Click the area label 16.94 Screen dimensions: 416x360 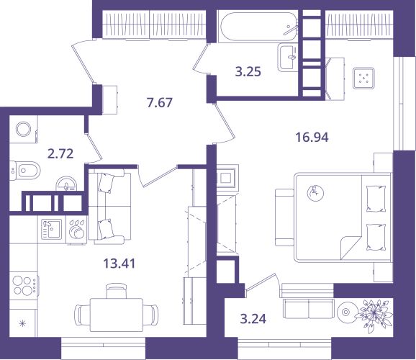[x=312, y=138]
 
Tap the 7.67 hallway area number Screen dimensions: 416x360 [x=160, y=102]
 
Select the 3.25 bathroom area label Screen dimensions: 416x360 [x=248, y=71]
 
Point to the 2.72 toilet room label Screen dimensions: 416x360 [x=60, y=153]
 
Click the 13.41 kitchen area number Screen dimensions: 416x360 [x=119, y=264]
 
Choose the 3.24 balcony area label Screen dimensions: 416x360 [x=253, y=319]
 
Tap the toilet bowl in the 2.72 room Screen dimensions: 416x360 [x=25, y=170]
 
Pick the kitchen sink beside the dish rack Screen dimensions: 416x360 [x=52, y=230]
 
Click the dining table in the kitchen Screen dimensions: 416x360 [x=117, y=315]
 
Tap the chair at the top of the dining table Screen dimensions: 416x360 [x=117, y=291]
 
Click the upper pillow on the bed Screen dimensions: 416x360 [x=376, y=199]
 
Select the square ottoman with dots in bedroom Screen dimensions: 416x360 [x=363, y=78]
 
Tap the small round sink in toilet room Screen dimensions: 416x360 [x=66, y=184]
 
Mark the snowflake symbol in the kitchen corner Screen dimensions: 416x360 [x=23, y=323]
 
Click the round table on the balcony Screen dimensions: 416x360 [x=345, y=312]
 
